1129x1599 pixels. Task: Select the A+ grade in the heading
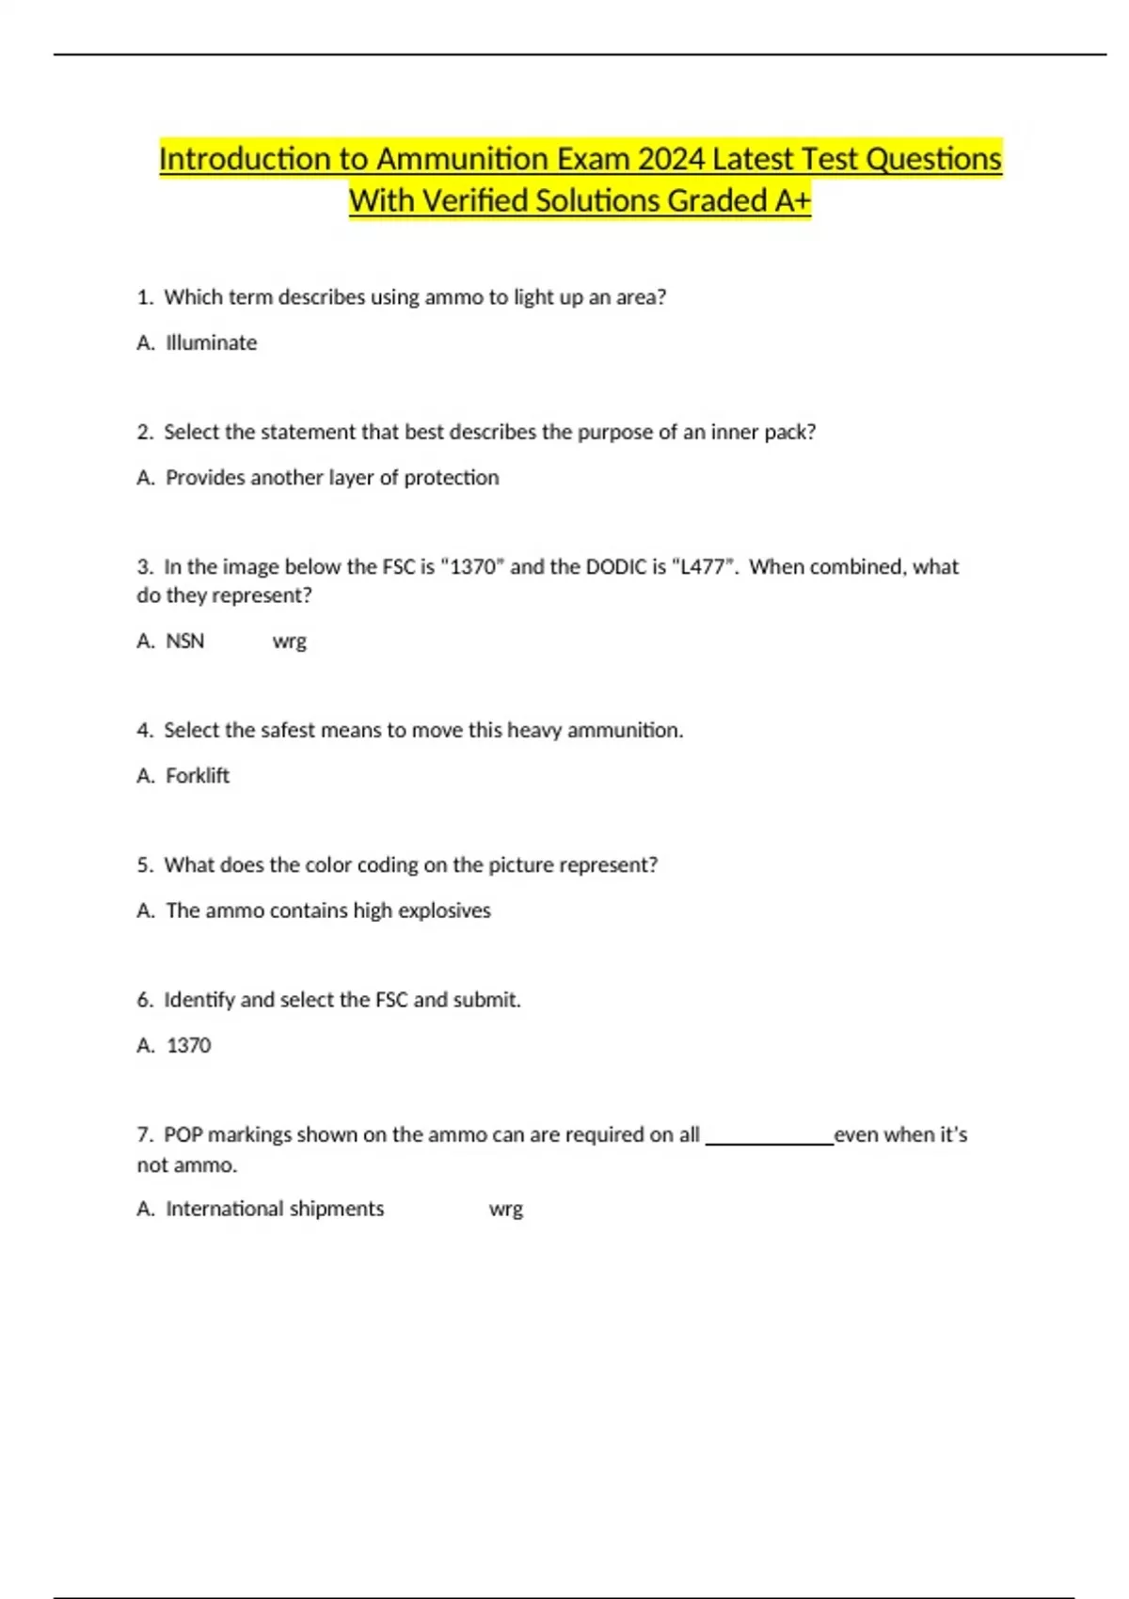click(x=791, y=200)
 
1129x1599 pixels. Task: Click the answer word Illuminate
click(x=211, y=342)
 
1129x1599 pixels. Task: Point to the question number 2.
click(x=144, y=432)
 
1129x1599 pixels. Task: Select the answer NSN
click(x=184, y=641)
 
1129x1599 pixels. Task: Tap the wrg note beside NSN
click(x=289, y=641)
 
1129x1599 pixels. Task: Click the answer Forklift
click(x=198, y=776)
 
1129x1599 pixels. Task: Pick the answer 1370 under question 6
click(x=188, y=1045)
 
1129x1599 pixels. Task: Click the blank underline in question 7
click(x=769, y=1142)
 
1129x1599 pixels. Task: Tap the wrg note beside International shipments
click(x=505, y=1210)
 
